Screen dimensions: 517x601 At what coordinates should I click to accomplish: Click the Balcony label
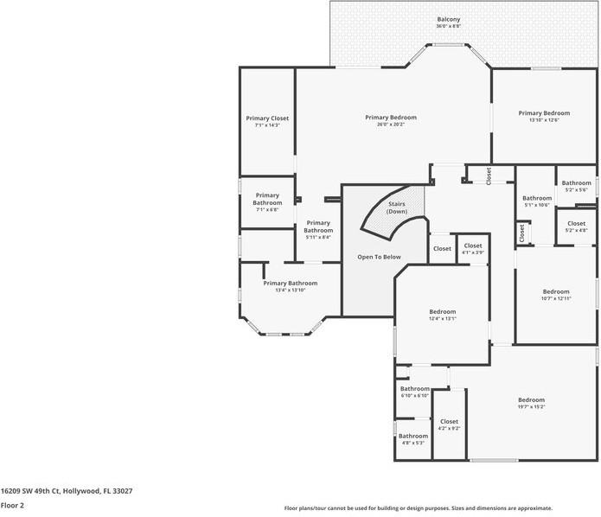click(x=448, y=22)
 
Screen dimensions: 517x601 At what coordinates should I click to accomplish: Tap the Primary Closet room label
click(x=267, y=121)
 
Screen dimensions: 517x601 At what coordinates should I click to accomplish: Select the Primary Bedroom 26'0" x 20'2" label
click(x=390, y=120)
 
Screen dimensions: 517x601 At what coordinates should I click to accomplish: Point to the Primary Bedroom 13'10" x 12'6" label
click(x=544, y=116)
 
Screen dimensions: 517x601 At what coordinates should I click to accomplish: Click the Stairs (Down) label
click(x=397, y=207)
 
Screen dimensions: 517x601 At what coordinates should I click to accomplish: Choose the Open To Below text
click(x=379, y=257)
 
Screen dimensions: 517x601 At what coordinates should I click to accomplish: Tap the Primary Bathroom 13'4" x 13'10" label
click(x=290, y=286)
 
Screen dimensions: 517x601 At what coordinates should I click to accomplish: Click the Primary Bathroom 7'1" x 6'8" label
click(x=267, y=202)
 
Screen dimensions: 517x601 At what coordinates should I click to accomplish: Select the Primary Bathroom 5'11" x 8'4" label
click(x=318, y=229)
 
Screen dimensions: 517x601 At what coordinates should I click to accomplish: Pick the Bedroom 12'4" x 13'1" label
click(x=442, y=315)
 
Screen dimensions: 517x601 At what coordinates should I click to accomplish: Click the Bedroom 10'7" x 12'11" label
click(x=555, y=294)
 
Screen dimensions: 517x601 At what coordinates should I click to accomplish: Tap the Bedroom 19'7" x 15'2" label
click(x=531, y=403)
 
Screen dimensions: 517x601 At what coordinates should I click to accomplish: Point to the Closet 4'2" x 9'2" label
click(x=449, y=424)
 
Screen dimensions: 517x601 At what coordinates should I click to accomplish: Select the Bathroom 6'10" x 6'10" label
click(x=414, y=392)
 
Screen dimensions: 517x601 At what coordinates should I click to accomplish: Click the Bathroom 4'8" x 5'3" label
click(x=412, y=439)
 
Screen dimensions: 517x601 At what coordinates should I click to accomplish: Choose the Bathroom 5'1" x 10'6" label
click(x=536, y=201)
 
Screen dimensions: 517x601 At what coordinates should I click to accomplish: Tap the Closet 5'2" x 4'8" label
click(x=576, y=227)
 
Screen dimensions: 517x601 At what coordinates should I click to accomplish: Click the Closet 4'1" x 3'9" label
click(x=472, y=248)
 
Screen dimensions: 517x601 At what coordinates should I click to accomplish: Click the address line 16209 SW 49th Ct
click(x=67, y=490)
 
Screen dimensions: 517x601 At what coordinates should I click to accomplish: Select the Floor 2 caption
click(x=12, y=505)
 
